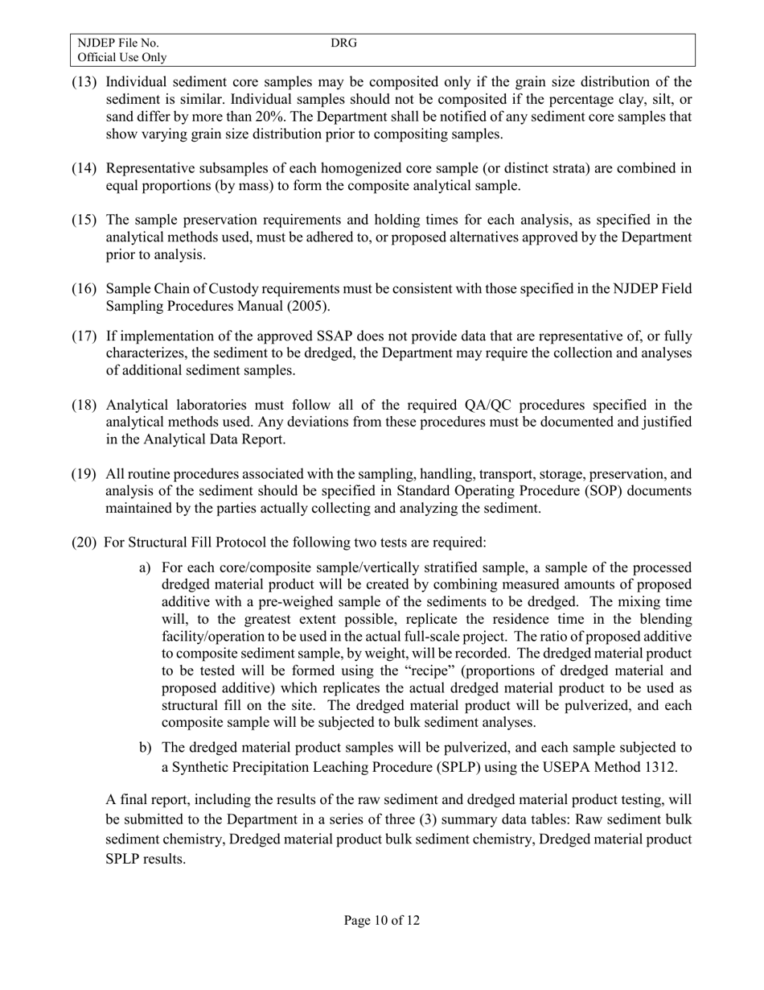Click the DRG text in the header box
click(x=343, y=43)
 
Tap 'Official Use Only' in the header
click(x=122, y=57)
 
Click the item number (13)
click(x=85, y=82)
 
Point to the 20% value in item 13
click(x=253, y=117)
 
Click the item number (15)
click(x=85, y=221)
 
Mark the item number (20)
click(x=85, y=543)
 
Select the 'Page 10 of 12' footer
click(x=381, y=920)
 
